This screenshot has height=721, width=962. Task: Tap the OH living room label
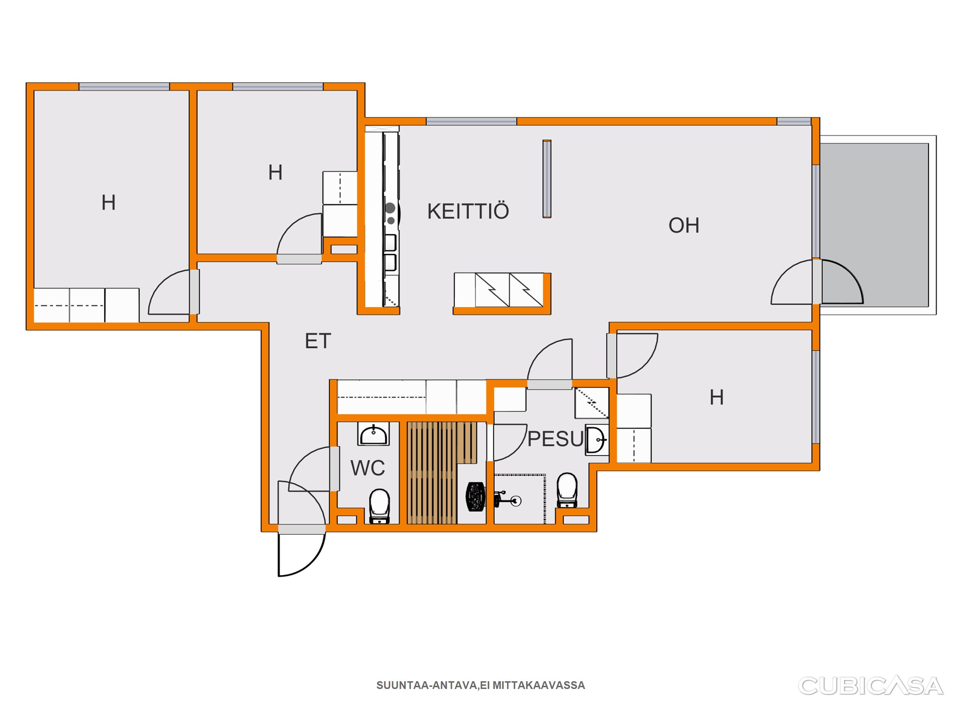[684, 226]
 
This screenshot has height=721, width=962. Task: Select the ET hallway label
[318, 341]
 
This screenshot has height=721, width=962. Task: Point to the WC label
[368, 468]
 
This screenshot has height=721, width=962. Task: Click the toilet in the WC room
[380, 506]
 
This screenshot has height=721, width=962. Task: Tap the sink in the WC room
[373, 434]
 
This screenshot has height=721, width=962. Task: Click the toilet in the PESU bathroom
[567, 490]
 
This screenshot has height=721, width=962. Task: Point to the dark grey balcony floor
[874, 225]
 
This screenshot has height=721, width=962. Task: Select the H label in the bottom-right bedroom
[717, 397]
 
